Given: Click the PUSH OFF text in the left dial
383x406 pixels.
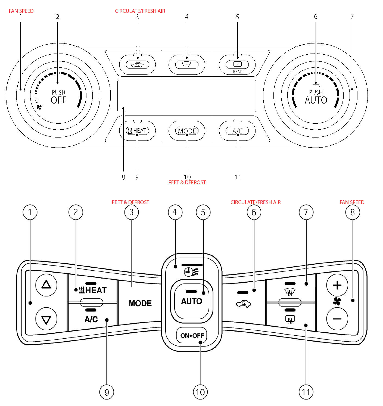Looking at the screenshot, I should point(58,97).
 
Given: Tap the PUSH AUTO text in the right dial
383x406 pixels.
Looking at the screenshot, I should point(316,97).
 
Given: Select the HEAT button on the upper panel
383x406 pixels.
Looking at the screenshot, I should point(138,131).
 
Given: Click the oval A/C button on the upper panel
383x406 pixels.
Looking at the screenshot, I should point(237,131).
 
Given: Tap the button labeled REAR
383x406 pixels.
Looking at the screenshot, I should point(237,65).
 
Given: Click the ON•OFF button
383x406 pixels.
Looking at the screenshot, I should point(192,336).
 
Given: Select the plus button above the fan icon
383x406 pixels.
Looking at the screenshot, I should point(337,285).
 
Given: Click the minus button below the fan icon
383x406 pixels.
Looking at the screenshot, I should point(337,319).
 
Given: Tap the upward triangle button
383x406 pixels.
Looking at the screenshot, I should point(46,285).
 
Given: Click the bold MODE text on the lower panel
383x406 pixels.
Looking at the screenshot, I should point(140,303).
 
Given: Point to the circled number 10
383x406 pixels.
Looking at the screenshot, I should point(200,392).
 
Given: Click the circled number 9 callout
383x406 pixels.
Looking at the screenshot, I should point(107,392).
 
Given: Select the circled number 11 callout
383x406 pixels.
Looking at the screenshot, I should point(306,392).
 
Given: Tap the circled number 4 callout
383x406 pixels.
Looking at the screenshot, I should point(175,212).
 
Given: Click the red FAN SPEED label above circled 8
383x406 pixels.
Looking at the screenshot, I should point(352,202).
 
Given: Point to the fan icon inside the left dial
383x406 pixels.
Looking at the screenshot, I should point(39,107).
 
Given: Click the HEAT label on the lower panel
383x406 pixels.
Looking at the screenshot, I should point(93,290).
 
